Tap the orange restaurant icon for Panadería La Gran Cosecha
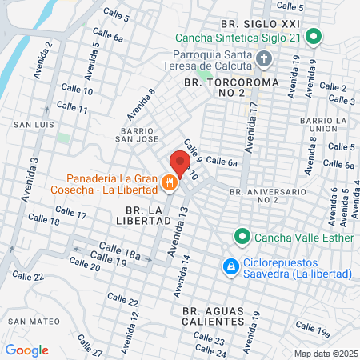tap(169, 182)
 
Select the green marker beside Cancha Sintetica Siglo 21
tap(314, 37)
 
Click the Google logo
tap(26, 350)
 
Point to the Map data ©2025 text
tap(324, 353)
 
